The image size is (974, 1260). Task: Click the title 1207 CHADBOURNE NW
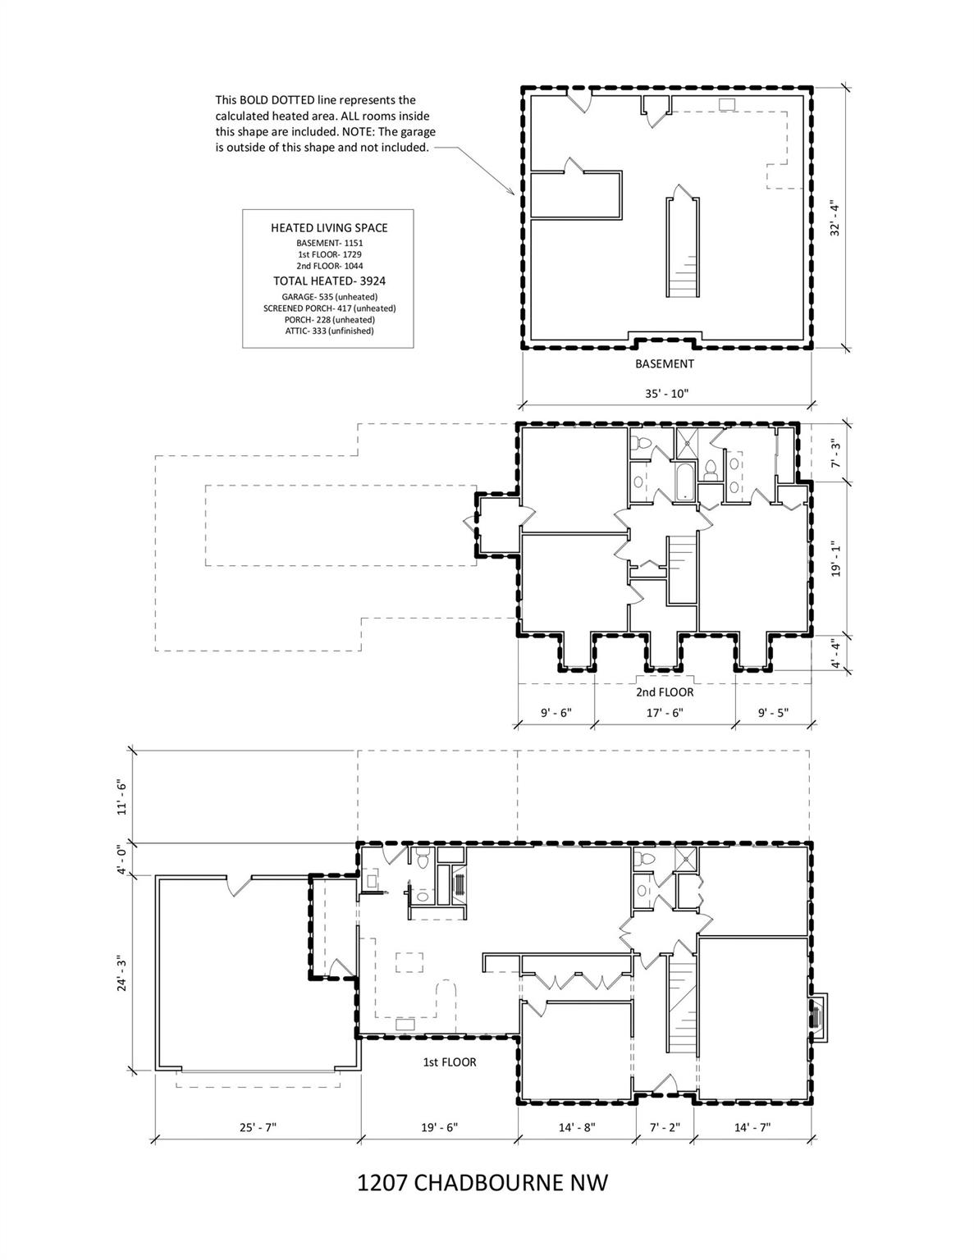point(482,1183)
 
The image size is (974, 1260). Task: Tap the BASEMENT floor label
point(665,364)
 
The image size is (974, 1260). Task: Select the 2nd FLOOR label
point(665,692)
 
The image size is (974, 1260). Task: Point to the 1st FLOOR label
point(450,1062)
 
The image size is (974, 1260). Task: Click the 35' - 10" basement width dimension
point(667,393)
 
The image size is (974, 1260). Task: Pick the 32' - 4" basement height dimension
point(835,217)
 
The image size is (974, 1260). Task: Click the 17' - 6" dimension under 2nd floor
point(665,713)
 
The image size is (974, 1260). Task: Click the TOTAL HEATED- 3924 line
point(329,281)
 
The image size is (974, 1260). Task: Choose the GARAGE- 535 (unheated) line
point(329,297)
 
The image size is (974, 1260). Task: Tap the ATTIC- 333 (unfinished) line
point(329,331)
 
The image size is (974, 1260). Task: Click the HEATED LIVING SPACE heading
point(329,228)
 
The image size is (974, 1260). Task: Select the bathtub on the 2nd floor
point(684,481)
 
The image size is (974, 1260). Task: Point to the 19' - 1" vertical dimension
point(835,559)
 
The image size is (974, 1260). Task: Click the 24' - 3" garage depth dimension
point(121,972)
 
